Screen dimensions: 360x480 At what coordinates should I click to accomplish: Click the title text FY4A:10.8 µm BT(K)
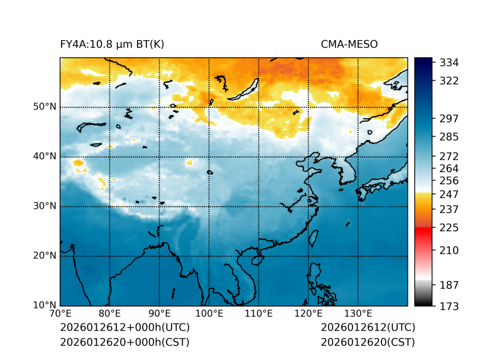click(112, 45)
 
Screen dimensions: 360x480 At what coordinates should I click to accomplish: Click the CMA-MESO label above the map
click(349, 45)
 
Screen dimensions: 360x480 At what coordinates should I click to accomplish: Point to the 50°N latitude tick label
click(45, 107)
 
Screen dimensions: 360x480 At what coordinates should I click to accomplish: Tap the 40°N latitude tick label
click(45, 156)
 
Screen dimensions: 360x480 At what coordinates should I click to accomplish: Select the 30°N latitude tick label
click(45, 206)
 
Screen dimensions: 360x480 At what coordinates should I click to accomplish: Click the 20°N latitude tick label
click(45, 256)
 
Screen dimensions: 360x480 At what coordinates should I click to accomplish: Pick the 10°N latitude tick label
click(45, 305)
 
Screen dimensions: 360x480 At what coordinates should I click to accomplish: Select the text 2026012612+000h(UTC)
click(124, 328)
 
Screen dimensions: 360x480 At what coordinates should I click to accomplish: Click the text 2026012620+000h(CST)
click(124, 342)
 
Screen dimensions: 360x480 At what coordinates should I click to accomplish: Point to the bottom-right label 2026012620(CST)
click(368, 342)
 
